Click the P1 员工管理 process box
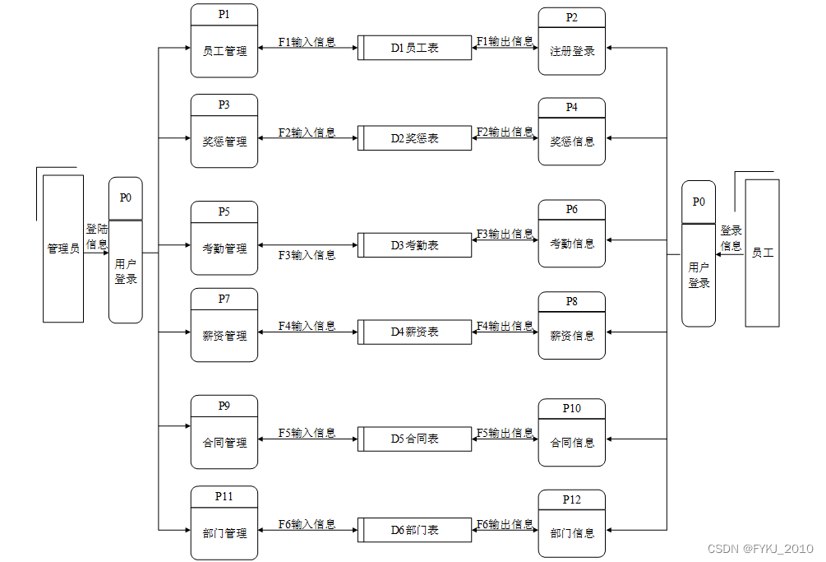point(224,41)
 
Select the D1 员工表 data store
point(415,48)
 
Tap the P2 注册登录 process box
point(571,42)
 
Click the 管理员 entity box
point(62,248)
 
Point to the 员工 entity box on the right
point(762,253)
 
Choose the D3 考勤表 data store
point(415,245)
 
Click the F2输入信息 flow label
point(307,132)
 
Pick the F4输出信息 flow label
point(505,326)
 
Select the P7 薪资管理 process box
point(224,325)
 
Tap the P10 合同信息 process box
point(571,434)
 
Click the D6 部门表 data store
point(415,530)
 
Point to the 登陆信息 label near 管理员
point(96,237)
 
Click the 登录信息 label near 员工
point(731,238)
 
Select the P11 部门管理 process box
point(224,523)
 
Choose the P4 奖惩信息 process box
point(571,132)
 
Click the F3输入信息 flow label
point(307,255)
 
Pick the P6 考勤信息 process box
point(571,234)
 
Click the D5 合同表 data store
point(415,439)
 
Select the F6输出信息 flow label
point(505,524)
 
